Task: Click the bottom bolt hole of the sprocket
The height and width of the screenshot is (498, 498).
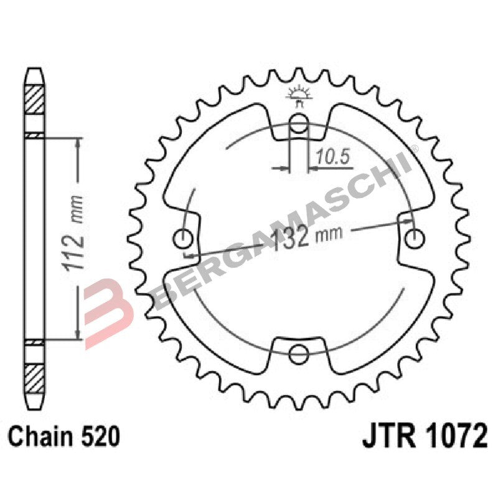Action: [x=299, y=353]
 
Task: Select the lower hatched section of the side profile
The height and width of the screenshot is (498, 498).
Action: [x=34, y=376]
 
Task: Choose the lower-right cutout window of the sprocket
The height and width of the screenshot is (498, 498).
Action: [x=380, y=317]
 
